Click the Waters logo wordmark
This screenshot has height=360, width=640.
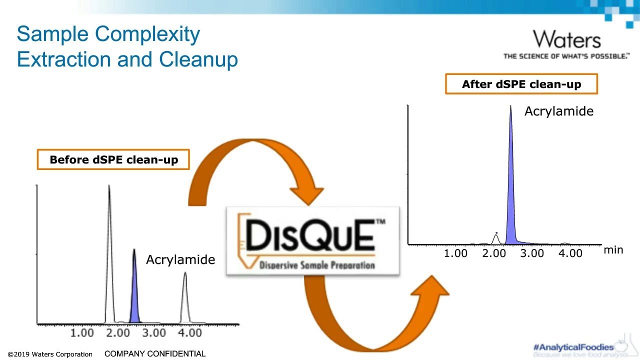tap(566, 39)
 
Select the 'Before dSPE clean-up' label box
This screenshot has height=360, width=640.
tap(113, 160)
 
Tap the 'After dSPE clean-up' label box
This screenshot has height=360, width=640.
tap(521, 84)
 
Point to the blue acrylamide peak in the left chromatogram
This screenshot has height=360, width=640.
tap(134, 295)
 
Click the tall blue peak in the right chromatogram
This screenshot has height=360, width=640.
tap(510, 200)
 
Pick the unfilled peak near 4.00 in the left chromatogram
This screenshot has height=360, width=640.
tap(185, 300)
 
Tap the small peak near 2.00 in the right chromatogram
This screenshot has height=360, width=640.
tap(495, 238)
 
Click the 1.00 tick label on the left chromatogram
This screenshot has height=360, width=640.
tap(82, 333)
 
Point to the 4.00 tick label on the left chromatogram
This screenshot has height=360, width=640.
tap(190, 333)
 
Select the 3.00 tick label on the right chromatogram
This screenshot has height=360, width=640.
tap(532, 253)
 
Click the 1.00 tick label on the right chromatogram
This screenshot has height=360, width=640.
tap(456, 253)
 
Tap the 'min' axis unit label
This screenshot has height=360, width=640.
tap(613, 249)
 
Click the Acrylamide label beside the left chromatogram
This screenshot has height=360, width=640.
tap(180, 259)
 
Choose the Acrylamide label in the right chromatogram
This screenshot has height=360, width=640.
tap(558, 111)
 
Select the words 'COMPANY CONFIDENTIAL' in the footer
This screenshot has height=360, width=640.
tap(155, 353)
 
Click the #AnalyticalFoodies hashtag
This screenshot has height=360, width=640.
tap(573, 347)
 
